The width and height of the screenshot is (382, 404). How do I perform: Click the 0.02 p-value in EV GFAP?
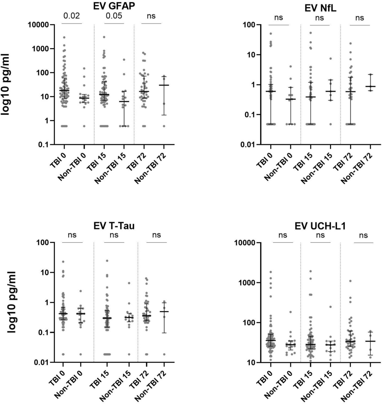pos(71,16)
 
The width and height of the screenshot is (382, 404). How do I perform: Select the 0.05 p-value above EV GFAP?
pos(114,16)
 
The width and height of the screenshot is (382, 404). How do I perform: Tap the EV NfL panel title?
pos(320,8)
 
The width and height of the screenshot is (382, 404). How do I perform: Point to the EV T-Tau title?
pos(114,226)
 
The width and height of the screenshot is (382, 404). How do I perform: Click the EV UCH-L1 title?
pos(320,226)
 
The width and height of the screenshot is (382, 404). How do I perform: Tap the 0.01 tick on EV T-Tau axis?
pos(41,362)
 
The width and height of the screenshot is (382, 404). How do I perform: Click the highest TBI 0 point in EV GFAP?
pos(64,37)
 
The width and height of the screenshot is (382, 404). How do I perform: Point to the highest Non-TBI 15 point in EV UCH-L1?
pos(330,307)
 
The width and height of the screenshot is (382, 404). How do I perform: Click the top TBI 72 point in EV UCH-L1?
pos(350,281)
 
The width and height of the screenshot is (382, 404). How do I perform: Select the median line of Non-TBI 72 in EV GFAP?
pos(164,85)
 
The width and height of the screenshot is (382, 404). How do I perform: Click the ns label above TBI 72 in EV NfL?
pos(360,18)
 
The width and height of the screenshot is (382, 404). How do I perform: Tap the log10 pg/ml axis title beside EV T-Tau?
pos(11,302)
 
